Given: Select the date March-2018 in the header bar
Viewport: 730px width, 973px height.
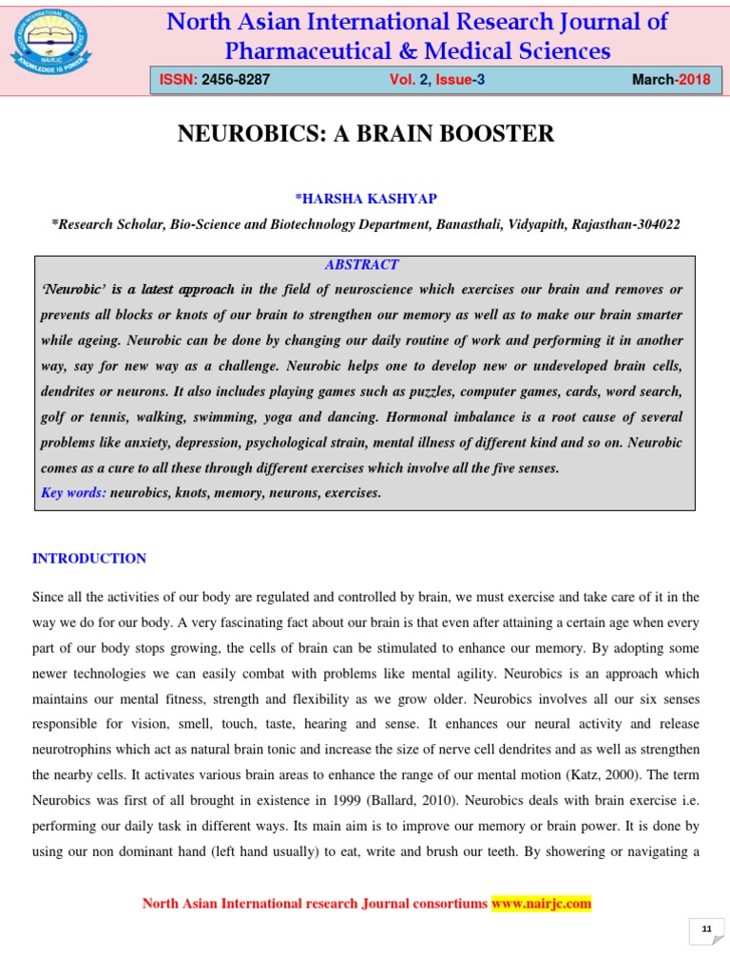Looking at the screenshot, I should click(x=671, y=80).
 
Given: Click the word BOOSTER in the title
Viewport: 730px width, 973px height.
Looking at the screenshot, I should click(x=508, y=134).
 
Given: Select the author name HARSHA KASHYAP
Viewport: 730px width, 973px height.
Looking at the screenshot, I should click(x=367, y=198).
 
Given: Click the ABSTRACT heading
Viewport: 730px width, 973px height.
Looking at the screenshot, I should click(x=361, y=264).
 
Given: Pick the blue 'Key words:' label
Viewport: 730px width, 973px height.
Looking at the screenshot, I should click(x=74, y=492).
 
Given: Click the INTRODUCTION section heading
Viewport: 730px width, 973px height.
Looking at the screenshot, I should click(x=89, y=559).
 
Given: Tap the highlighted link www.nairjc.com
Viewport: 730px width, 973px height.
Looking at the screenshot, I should click(x=541, y=904).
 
